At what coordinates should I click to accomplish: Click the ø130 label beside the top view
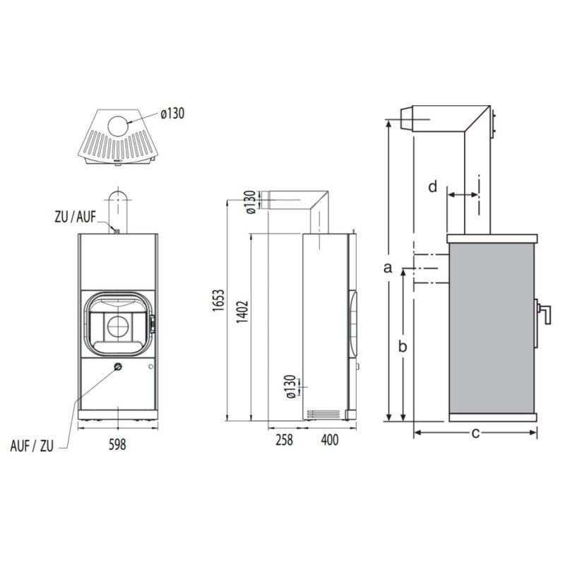coord(172,114)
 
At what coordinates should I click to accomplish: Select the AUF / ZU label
coord(32,446)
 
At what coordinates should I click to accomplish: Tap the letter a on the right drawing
coord(386,267)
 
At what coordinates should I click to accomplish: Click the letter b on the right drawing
coord(403,346)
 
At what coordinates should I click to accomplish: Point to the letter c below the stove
coord(475,432)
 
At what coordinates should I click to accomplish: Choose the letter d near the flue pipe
coord(433,186)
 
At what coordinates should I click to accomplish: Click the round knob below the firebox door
coord(118,367)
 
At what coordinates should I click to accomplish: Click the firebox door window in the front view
coord(118,324)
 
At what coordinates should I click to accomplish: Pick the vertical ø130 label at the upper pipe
coord(249,201)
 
